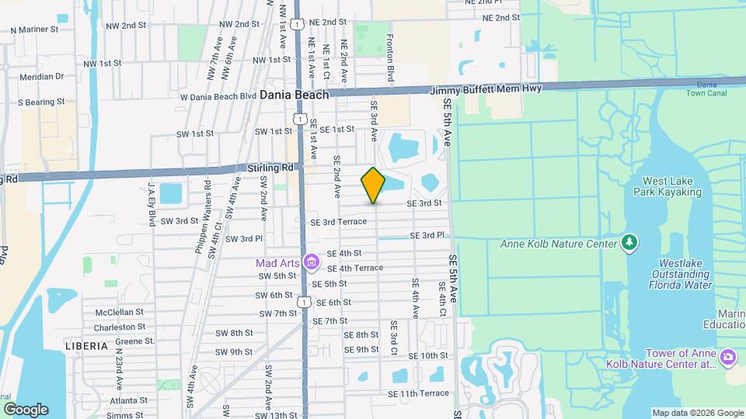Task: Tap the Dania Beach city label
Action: click(295, 94)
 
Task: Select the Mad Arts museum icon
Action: click(312, 262)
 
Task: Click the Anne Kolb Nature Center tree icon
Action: click(629, 244)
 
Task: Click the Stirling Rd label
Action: click(271, 168)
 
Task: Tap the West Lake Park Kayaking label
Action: click(667, 186)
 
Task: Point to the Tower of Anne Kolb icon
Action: click(728, 357)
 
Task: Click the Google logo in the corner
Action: click(26, 409)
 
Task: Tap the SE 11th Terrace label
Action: click(424, 393)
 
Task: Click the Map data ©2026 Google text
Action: click(697, 413)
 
